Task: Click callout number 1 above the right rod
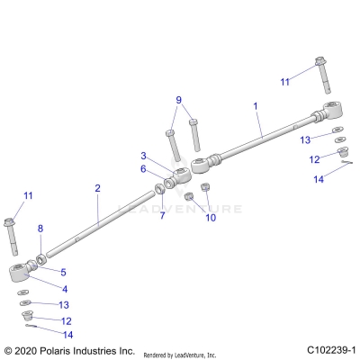(x=255, y=106)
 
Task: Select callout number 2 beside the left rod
(x=97, y=188)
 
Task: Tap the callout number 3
(x=142, y=156)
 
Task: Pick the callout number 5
(x=63, y=272)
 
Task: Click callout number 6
(x=142, y=168)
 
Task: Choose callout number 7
(x=162, y=216)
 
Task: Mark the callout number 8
(x=40, y=229)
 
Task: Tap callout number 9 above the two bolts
(x=178, y=100)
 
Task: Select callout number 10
(x=211, y=217)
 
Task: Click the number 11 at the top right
(x=285, y=82)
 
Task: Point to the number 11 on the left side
(x=28, y=195)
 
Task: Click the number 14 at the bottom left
(x=67, y=335)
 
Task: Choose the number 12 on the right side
(x=315, y=159)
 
